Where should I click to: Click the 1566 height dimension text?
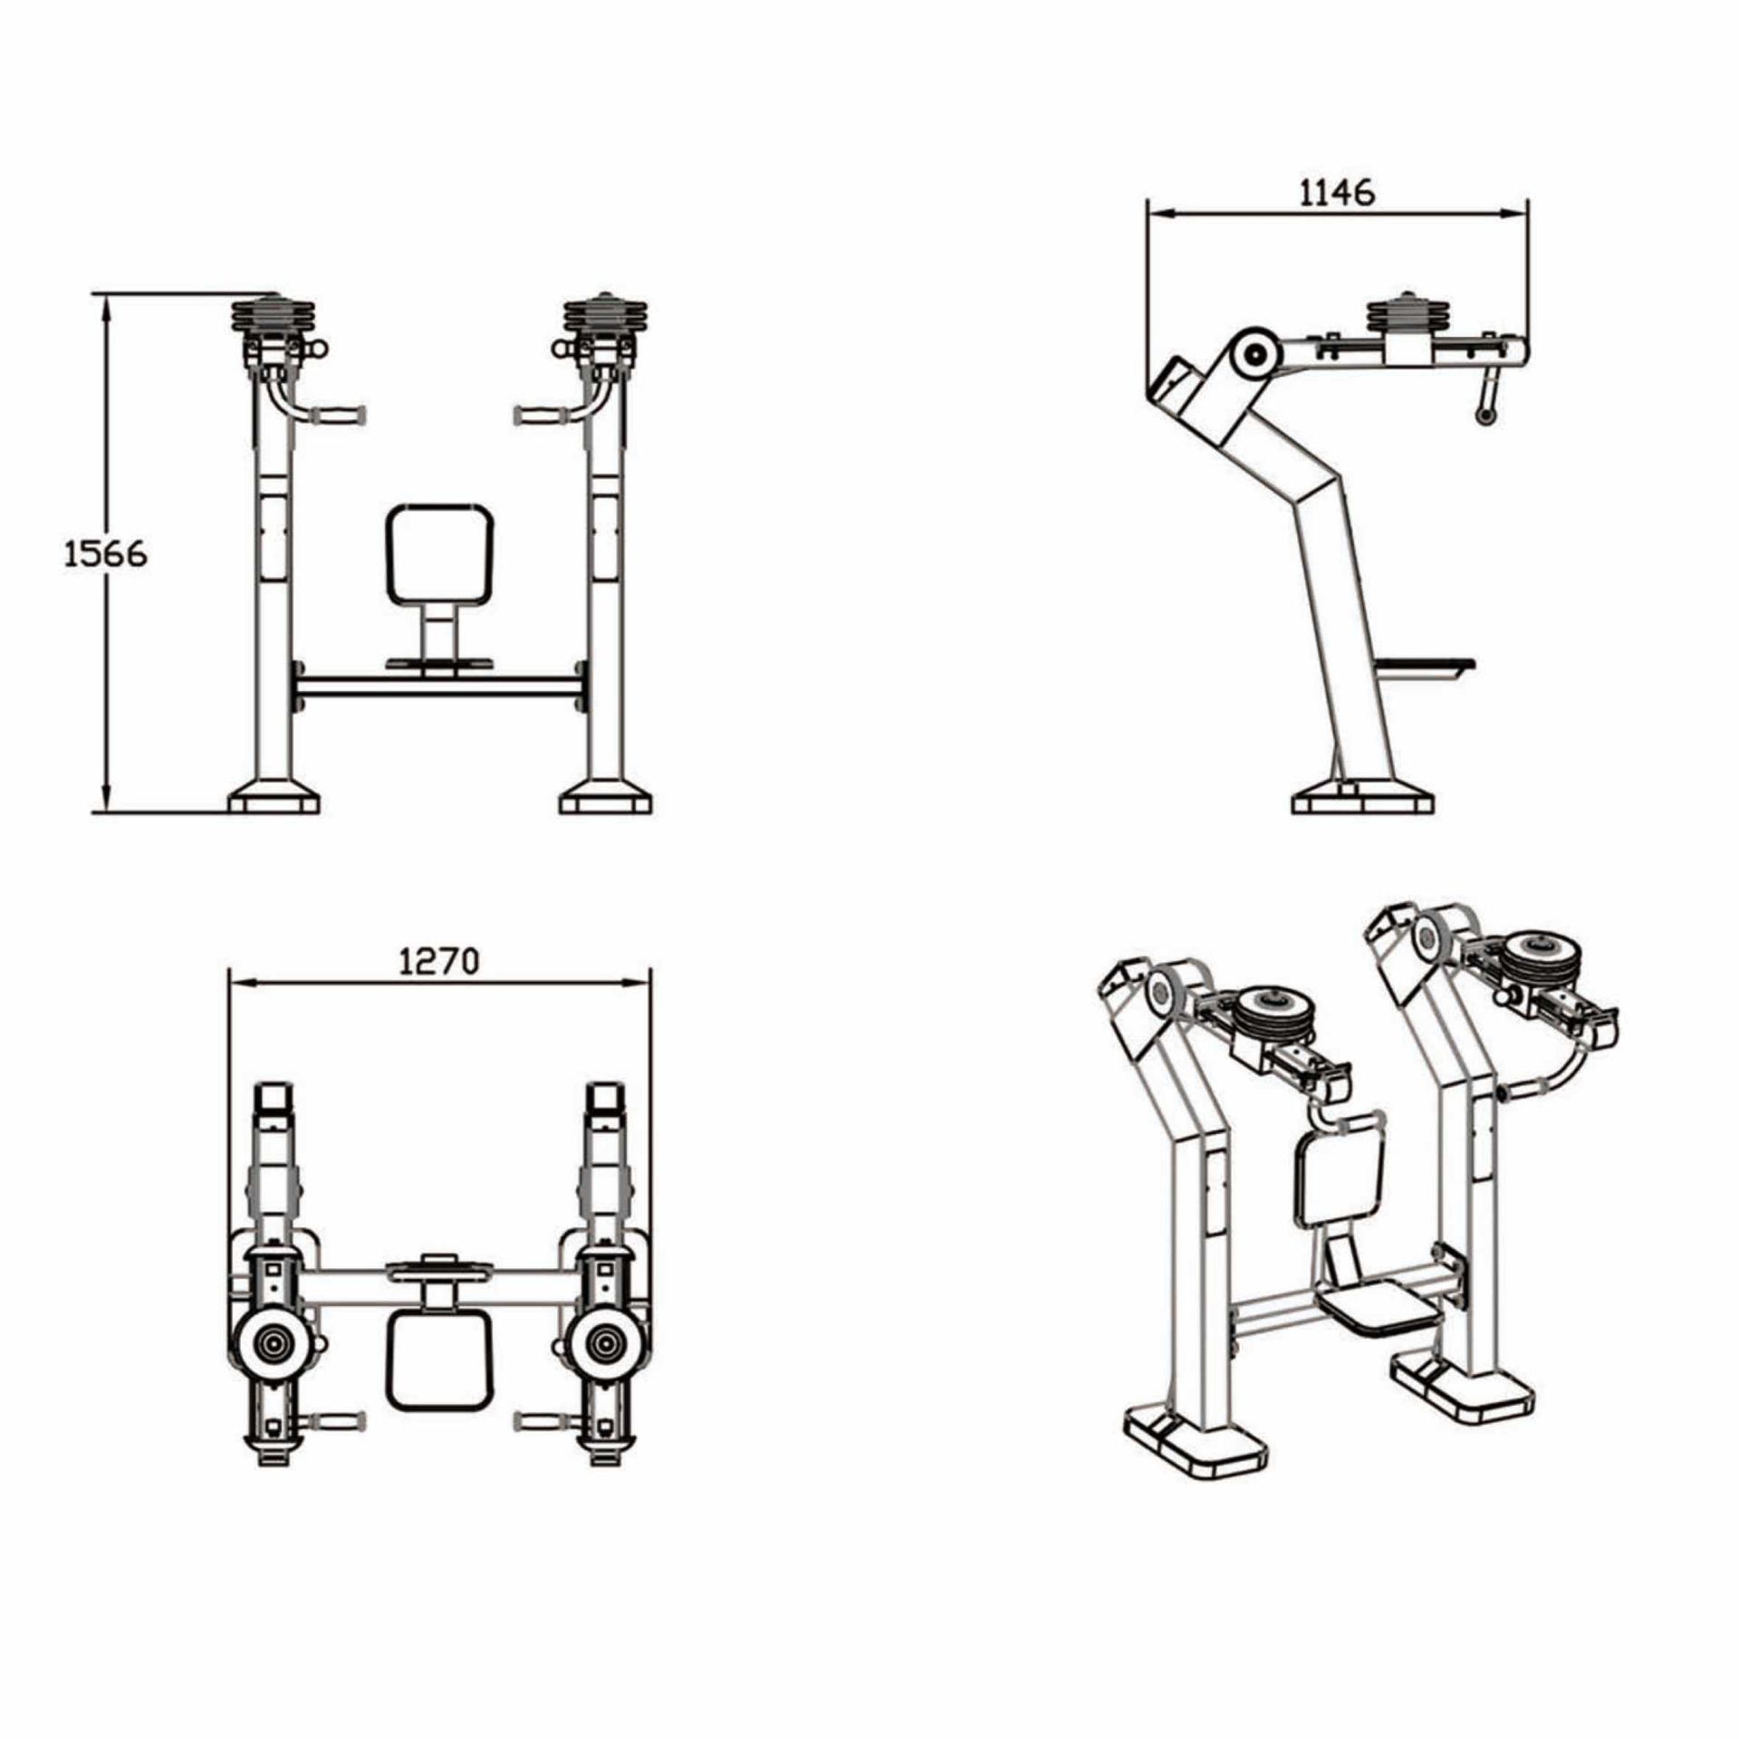[x=105, y=553]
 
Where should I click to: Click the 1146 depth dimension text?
[x=1337, y=192]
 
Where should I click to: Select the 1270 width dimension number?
[x=439, y=961]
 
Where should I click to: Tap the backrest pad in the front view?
[x=440, y=554]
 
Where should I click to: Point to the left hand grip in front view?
[x=339, y=415]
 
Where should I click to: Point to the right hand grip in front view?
[x=542, y=415]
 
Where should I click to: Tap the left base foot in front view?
[x=274, y=801]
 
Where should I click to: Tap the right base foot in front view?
[x=606, y=801]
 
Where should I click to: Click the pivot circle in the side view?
[x=1254, y=356]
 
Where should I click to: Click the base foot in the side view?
[x=1362, y=802]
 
